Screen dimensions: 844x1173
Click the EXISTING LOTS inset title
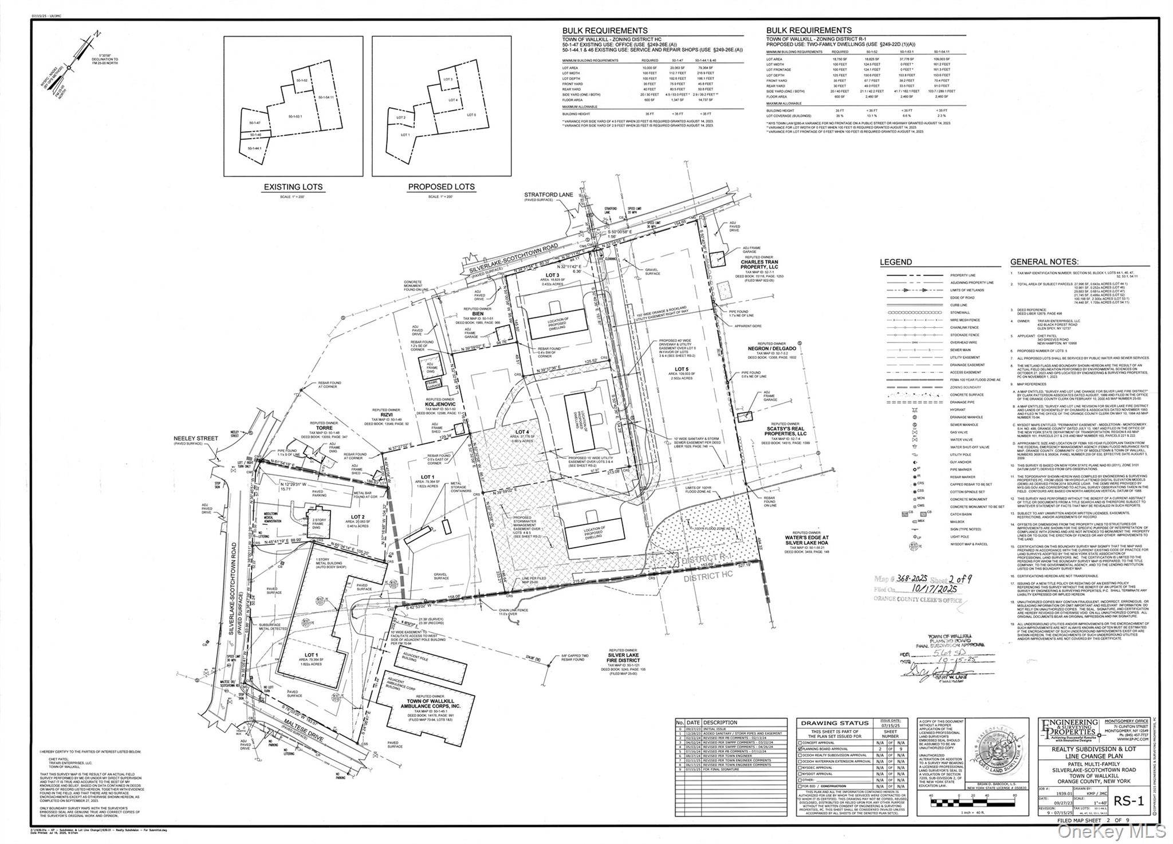pyautogui.click(x=293, y=187)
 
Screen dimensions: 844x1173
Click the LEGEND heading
pyautogui.click(x=896, y=262)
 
